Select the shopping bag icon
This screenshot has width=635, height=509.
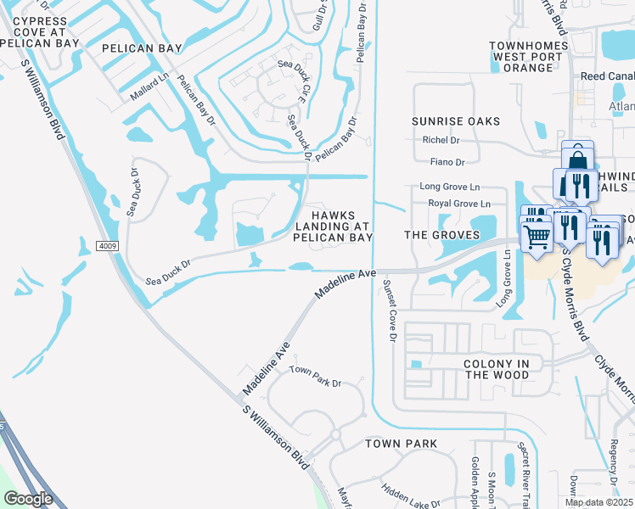point(577,158)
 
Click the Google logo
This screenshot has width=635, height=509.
point(28,499)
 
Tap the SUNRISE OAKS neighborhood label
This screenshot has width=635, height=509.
point(456,121)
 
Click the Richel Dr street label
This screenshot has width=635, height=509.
point(441,140)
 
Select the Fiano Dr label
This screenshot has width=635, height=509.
point(448,162)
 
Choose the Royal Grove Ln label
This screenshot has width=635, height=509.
point(458,204)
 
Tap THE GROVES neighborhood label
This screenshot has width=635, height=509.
point(437,234)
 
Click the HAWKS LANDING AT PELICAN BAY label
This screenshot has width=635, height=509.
point(333,227)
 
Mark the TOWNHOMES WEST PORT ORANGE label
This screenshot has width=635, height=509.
point(522,56)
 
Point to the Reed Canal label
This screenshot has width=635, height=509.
point(604,76)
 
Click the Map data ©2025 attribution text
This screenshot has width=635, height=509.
point(598,502)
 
